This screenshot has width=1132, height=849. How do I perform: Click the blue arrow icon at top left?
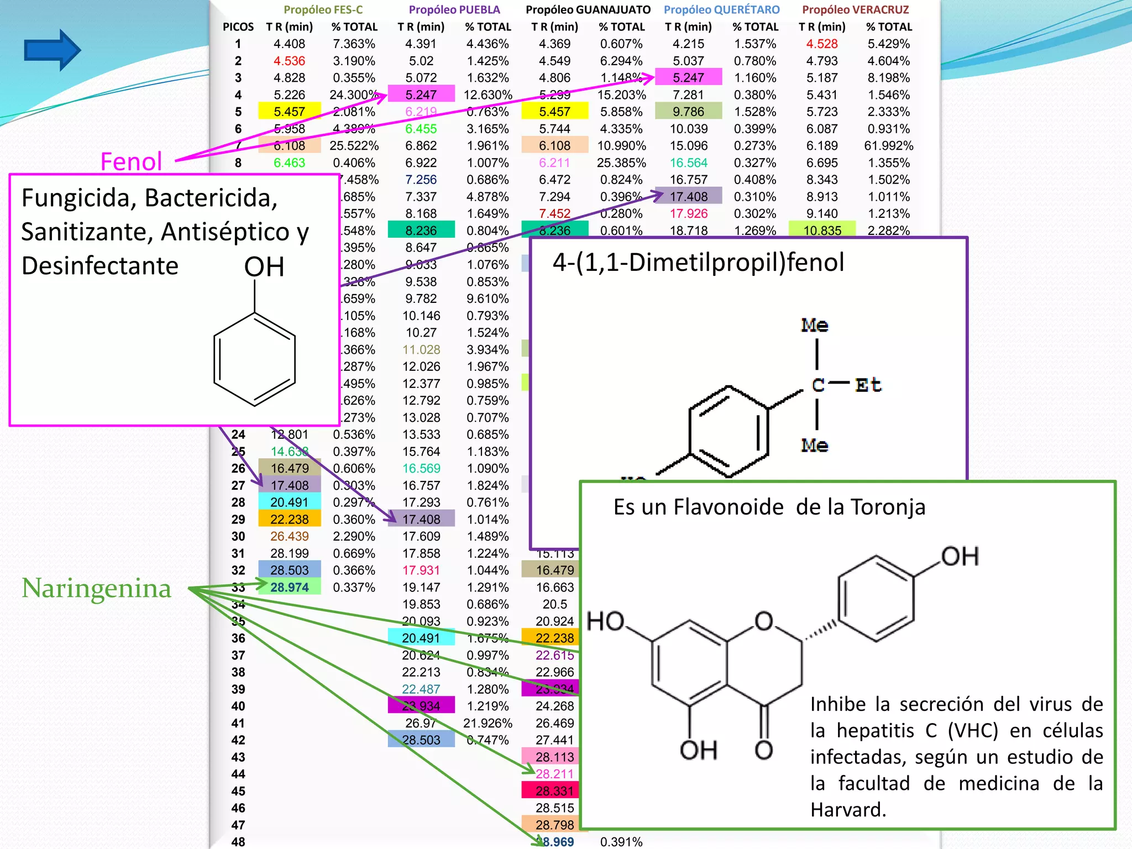click(x=52, y=50)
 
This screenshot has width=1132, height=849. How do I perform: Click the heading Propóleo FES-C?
click(x=323, y=9)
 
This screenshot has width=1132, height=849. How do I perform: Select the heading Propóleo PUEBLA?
click(x=454, y=9)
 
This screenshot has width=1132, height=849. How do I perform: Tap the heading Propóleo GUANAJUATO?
click(x=588, y=9)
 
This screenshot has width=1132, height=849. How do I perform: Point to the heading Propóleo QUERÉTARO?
click(x=721, y=9)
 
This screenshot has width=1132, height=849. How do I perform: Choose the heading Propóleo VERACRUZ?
click(x=855, y=9)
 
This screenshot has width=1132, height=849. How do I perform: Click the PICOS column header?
click(x=238, y=27)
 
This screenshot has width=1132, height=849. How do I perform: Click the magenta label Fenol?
click(x=131, y=162)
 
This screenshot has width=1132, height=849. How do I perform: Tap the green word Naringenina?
click(x=96, y=588)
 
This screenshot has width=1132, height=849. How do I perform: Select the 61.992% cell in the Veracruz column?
click(x=888, y=146)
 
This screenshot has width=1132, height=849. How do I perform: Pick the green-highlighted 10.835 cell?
click(x=822, y=230)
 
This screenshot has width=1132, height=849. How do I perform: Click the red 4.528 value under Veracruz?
click(x=822, y=44)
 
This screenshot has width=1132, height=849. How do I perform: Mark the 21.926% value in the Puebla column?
click(x=488, y=723)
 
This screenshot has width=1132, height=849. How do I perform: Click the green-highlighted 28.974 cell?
click(x=289, y=587)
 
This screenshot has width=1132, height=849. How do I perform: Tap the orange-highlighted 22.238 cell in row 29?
click(x=289, y=520)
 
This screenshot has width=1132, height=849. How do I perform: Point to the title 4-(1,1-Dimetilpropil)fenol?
click(x=698, y=262)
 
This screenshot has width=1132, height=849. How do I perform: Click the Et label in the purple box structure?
click(x=868, y=385)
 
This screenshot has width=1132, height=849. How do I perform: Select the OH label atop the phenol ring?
click(x=264, y=267)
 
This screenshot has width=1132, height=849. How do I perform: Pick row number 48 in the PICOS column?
click(x=238, y=842)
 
